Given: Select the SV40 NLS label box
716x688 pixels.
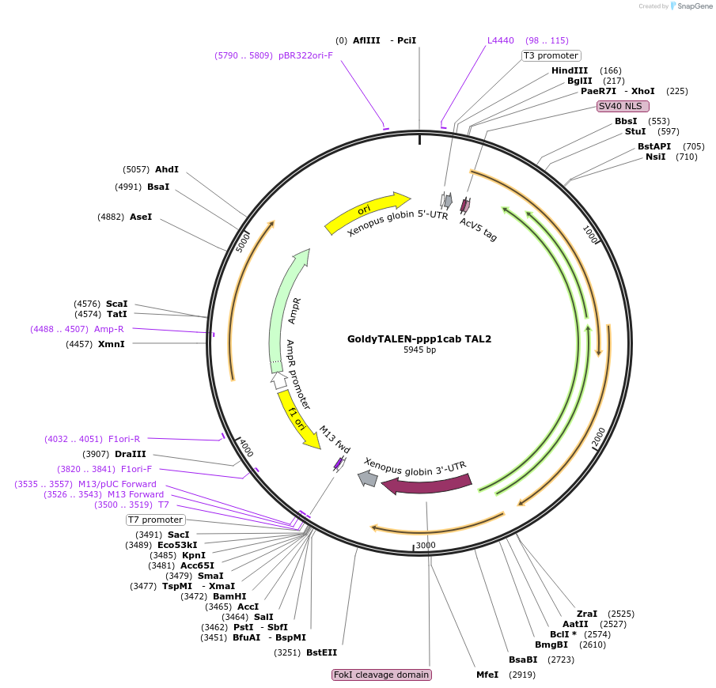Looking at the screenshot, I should point(623,106).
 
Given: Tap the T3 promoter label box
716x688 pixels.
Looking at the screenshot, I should point(551,55).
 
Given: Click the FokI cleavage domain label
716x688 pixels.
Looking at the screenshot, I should point(382,675).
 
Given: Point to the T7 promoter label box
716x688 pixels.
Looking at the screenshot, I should point(156,520).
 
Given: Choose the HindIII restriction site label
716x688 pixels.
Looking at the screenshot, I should point(570,70).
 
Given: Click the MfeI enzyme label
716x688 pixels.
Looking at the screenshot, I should point(487,675).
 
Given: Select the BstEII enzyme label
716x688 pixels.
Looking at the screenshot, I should point(321,652).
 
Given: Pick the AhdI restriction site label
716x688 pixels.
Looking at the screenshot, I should point(167,169).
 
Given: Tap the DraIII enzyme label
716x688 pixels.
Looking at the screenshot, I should point(130,454).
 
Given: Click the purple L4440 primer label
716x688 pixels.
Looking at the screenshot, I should point(500,40).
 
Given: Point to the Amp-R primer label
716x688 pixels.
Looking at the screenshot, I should point(108,329).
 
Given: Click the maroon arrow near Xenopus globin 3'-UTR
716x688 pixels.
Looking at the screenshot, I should point(427,484).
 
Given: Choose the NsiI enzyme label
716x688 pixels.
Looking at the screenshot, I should point(655,157).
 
